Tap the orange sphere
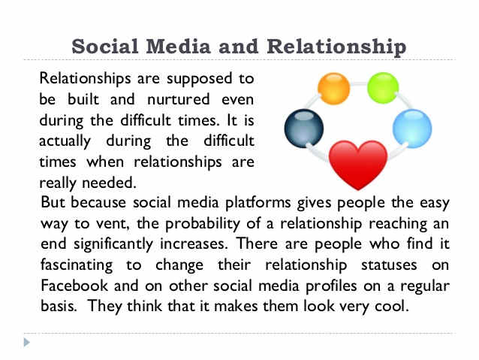(334, 88)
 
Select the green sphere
(383, 87)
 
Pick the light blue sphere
(412, 127)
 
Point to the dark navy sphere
(303, 129)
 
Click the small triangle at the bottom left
(28, 343)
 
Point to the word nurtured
(162, 98)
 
